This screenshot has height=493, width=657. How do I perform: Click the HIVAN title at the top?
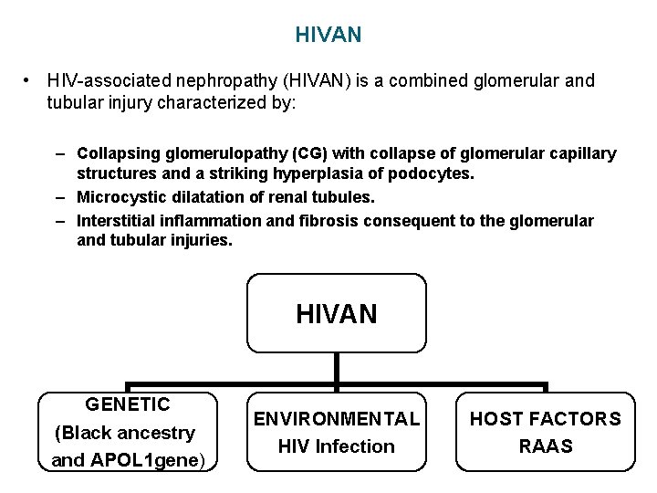pos(328,35)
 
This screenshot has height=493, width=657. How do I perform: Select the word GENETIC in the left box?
pos(128,404)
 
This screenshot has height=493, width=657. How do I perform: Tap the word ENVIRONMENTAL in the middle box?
pos(337,419)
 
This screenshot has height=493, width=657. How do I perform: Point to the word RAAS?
pos(546,446)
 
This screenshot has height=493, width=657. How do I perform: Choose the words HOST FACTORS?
pos(546,419)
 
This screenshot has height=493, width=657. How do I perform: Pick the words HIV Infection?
pos(337,446)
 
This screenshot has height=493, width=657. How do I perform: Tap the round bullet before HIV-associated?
pos(29,80)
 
